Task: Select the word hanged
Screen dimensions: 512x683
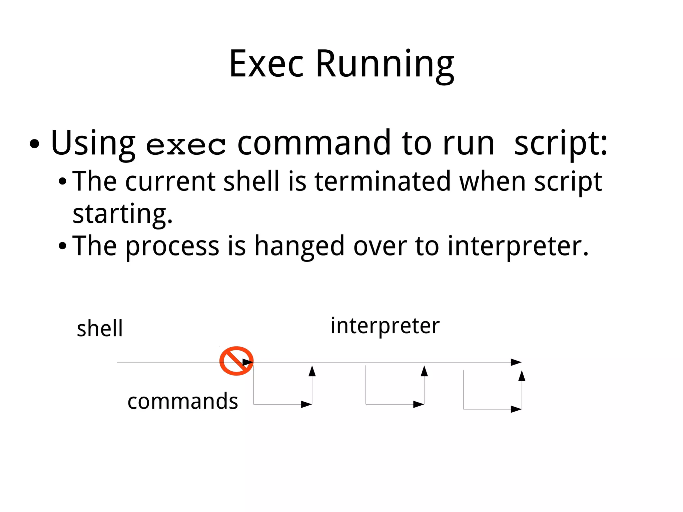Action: point(299,246)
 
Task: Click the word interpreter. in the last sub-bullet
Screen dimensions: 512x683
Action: point(518,246)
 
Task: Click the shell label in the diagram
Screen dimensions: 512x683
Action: point(100,329)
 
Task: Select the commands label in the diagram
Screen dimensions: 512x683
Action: point(183,401)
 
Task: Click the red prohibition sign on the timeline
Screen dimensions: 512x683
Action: point(236,361)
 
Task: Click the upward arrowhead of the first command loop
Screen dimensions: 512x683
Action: point(312,371)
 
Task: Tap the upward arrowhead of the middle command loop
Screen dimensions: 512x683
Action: point(424,371)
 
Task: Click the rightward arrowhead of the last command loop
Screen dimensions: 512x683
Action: point(516,409)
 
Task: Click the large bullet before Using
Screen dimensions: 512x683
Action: point(34,144)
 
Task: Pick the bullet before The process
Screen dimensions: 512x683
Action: point(62,246)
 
